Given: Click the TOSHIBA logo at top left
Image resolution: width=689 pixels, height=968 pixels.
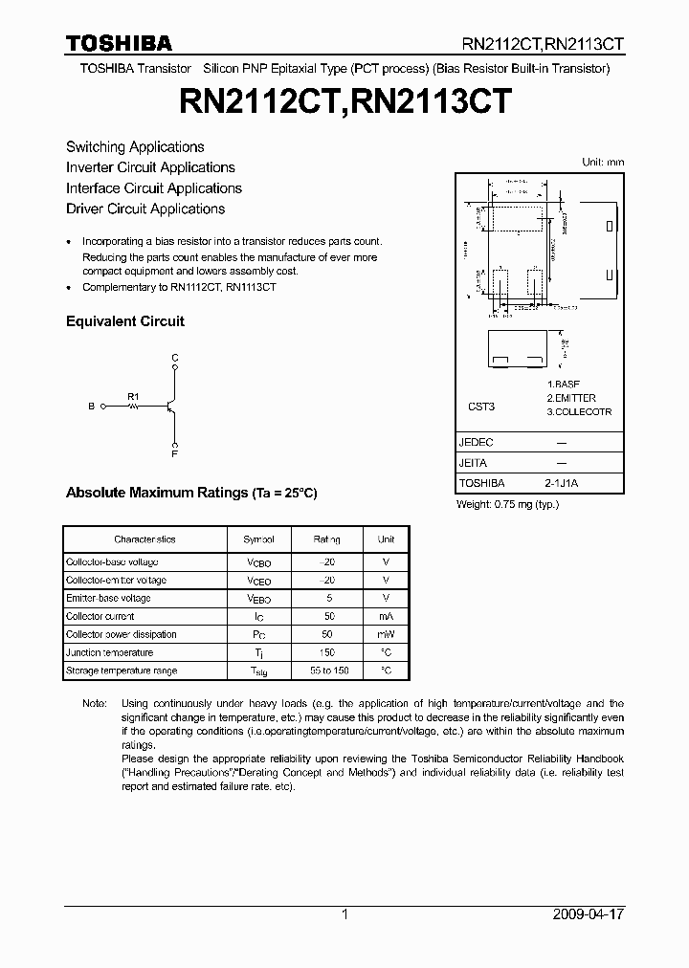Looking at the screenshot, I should [x=119, y=43].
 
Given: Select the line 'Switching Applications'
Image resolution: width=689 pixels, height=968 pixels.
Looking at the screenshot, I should [x=135, y=146].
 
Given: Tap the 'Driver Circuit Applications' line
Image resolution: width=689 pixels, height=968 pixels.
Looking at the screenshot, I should [x=145, y=209].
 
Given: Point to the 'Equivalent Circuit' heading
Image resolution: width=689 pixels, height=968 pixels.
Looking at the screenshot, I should [x=125, y=321].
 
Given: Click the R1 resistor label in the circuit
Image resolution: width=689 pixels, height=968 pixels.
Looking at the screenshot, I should [x=133, y=395].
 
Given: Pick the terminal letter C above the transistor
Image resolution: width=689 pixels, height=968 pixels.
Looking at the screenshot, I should [x=174, y=358].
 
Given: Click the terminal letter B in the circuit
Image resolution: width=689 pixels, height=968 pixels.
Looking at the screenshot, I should [x=92, y=407].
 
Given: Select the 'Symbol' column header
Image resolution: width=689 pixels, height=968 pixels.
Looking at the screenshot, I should [x=258, y=539].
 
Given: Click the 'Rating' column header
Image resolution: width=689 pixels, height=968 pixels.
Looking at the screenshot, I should [x=326, y=539].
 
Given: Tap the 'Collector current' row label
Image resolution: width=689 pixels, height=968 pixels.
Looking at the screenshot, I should [x=100, y=616].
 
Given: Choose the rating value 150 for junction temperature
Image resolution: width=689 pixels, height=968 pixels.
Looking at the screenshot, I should [x=326, y=652].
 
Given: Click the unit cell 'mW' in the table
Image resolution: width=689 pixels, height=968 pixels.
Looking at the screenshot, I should [x=386, y=634].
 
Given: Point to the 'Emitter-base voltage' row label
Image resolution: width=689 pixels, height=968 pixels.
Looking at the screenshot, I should [x=108, y=598].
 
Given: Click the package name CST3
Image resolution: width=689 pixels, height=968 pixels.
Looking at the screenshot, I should [x=481, y=407].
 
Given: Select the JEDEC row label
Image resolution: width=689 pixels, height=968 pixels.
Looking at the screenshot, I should [x=477, y=443].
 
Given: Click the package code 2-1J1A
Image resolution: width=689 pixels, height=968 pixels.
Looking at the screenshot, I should [x=562, y=483].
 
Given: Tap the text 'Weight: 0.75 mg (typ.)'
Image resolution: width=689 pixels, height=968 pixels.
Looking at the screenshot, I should [x=506, y=504].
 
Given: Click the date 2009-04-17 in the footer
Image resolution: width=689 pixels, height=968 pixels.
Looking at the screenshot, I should [x=589, y=914].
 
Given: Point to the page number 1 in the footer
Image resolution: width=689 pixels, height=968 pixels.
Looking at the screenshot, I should [x=344, y=914].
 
